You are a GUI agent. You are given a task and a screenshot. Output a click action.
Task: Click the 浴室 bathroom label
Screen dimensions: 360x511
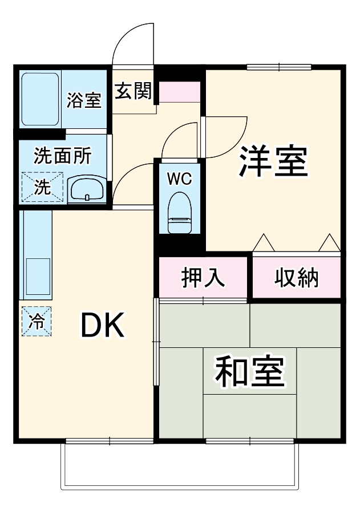coord(84,100)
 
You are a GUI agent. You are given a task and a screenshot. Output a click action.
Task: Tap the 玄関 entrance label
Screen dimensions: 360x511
coord(133,91)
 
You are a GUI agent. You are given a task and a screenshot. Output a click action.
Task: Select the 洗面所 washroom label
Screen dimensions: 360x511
coord(61,156)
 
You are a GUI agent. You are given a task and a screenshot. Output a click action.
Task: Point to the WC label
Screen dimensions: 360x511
coord(179,179)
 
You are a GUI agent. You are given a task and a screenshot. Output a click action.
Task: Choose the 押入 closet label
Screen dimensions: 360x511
coord(203,278)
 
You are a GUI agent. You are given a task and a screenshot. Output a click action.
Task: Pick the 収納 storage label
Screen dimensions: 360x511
coord(297,278)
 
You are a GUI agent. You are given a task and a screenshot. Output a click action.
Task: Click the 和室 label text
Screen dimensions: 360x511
coord(249,371)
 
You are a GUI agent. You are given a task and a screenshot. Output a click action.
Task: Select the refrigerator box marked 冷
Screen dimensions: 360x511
coord(37,321)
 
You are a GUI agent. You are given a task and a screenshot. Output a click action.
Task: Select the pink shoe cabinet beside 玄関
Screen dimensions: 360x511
coord(179,92)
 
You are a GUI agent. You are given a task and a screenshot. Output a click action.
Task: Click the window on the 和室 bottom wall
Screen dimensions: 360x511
coord(249,441)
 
